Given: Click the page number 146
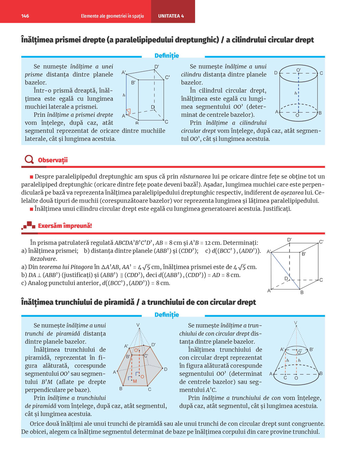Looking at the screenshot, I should click(25, 16).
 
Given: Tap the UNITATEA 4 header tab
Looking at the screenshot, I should click(171, 16).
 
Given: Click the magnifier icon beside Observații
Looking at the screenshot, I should click(29, 160).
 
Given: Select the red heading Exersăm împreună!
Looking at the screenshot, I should click(65, 226).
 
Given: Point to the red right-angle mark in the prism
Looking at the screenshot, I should click(128, 112).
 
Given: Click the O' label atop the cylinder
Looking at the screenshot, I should click(298, 70).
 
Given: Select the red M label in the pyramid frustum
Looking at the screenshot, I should click(135, 381).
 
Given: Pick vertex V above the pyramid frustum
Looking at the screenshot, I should click(138, 325).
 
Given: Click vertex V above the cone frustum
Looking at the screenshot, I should click(296, 323).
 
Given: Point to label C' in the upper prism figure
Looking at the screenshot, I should click(167, 77).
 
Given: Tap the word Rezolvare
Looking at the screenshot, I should click(43, 259).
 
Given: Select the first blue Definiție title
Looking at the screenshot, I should click(167, 56).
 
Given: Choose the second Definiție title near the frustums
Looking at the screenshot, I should click(167, 315).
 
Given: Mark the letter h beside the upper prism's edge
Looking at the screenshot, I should click(124, 95).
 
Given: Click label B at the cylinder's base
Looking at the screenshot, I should click(320, 113).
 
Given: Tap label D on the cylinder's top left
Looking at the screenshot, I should click(276, 73).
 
